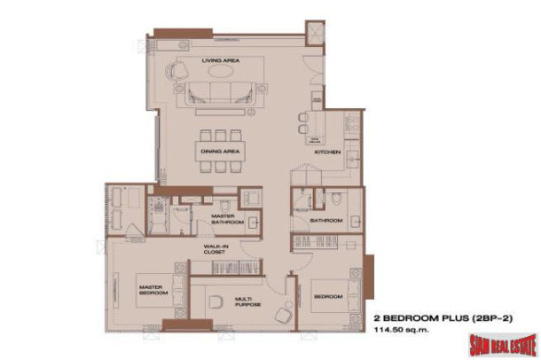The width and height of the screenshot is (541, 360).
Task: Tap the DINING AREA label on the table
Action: coord(218,152)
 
